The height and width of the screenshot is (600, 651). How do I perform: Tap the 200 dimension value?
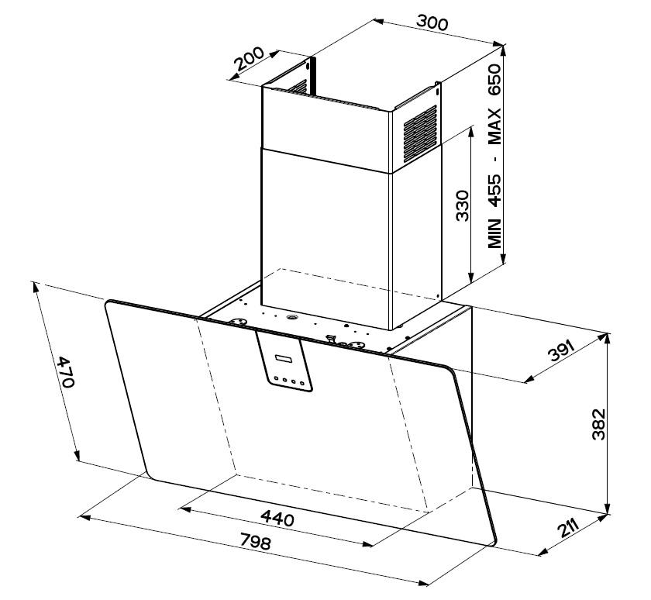point(249,58)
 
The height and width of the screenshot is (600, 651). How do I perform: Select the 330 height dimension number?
point(462,205)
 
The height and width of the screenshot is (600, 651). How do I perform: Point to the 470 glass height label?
point(66,371)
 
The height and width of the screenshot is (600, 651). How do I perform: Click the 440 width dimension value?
point(277,518)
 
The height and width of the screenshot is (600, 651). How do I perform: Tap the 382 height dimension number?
point(598,424)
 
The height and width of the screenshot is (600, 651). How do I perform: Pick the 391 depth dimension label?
point(561,350)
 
